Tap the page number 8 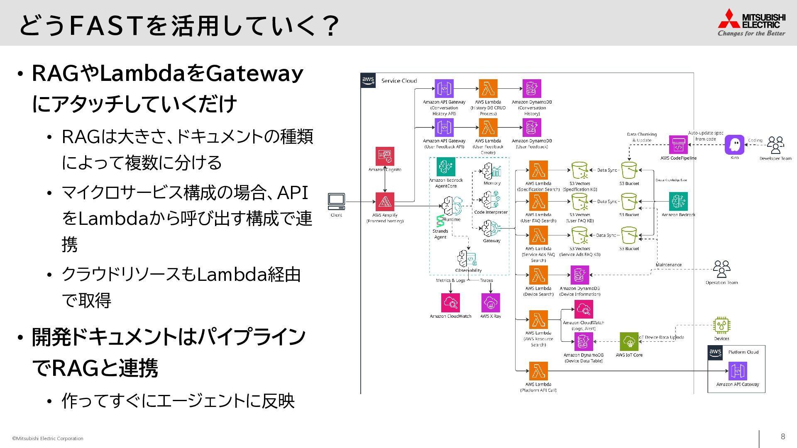783,436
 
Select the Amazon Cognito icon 385,156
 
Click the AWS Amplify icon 385,202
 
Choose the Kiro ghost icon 734,145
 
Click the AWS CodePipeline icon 678,145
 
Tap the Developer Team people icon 775,145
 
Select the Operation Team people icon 721,269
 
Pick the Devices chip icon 721,326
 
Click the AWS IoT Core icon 629,342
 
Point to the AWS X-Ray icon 491,303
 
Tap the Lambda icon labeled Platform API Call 538,371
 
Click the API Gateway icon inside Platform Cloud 738,371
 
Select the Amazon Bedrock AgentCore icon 446,167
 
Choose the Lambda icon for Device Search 538,275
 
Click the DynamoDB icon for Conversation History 532,89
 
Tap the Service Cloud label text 399,81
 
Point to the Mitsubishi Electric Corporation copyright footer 48,438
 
